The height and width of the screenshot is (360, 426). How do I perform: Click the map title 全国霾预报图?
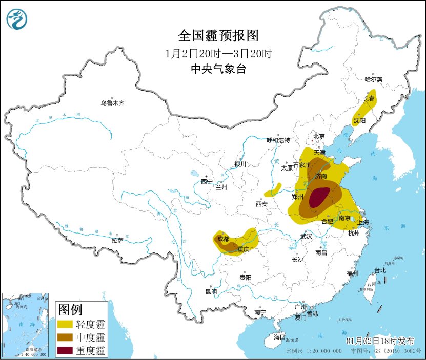(218, 35)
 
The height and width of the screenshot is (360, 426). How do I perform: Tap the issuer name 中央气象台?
(218, 69)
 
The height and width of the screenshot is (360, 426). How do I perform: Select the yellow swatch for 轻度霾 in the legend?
(65, 324)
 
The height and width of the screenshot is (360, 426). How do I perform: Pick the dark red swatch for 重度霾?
(65, 351)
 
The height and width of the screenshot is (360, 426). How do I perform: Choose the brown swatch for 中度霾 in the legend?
(65, 337)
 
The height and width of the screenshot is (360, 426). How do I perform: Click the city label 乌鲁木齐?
(112, 103)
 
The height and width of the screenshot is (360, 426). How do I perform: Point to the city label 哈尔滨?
(373, 79)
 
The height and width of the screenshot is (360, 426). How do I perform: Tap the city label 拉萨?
(117, 240)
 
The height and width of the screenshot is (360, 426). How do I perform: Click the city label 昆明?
(211, 291)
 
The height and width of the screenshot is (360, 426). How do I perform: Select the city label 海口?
(279, 337)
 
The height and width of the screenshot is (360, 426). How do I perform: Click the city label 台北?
(379, 270)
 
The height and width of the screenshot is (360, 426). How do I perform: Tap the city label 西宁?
(206, 181)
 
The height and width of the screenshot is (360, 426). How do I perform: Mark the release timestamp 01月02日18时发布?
(380, 341)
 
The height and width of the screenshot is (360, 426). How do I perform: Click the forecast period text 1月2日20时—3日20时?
(218, 53)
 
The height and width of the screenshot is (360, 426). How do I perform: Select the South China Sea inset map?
(26, 325)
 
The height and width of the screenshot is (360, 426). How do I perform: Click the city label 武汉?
(306, 237)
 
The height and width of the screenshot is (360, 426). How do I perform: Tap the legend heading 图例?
(70, 309)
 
